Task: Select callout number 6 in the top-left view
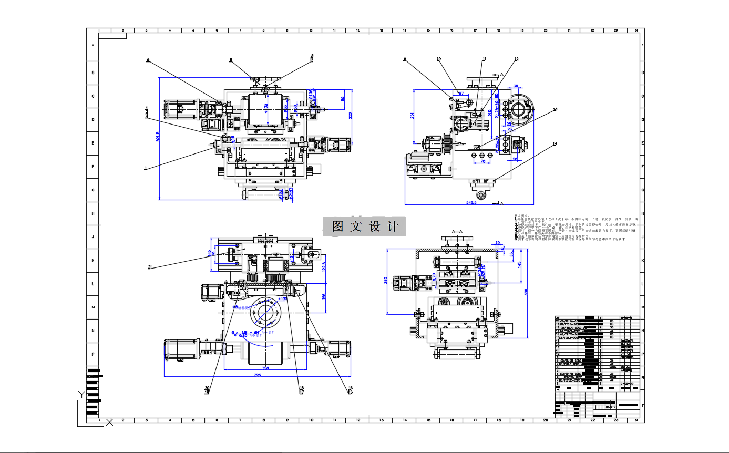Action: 148,60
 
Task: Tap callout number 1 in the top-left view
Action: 145,168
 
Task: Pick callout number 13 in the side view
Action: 555,110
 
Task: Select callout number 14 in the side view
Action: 554,143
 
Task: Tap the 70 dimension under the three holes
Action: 482,162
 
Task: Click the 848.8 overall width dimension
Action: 471,202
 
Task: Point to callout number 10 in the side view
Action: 439,59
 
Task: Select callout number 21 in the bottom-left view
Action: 150,267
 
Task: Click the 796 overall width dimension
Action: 257,375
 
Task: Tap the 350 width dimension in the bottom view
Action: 265,368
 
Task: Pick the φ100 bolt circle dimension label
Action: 282,299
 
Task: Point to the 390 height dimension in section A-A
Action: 526,292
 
